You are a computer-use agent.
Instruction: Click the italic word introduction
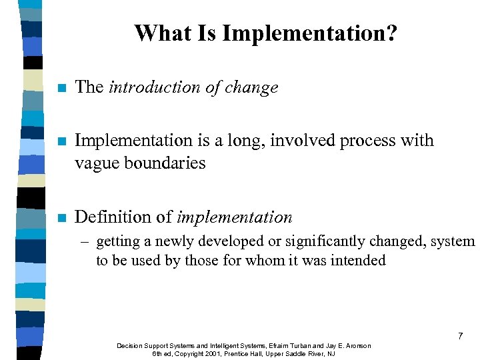[x=155, y=87]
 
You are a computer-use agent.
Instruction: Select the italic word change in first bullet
[x=251, y=87]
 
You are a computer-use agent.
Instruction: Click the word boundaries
[x=164, y=163]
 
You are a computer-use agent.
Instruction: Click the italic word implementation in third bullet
[x=234, y=217]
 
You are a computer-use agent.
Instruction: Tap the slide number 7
[x=460, y=337]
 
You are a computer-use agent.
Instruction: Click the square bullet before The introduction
[x=62, y=88]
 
